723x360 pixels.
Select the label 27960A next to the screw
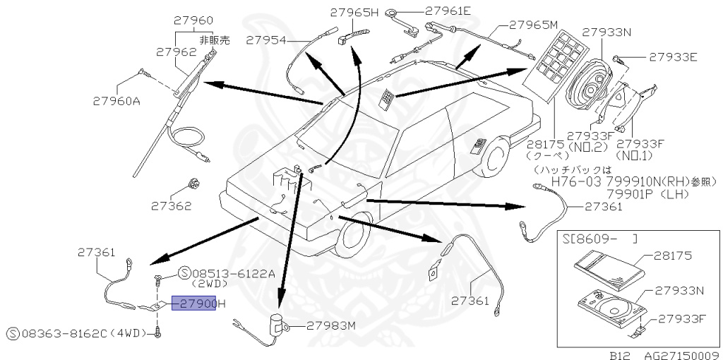(116, 100)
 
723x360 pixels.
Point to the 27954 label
(266, 41)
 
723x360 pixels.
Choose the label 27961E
(448, 11)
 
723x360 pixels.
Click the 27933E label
(674, 56)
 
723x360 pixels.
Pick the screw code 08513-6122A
(226, 273)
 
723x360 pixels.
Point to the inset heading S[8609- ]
(600, 239)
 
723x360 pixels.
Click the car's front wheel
(351, 239)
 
